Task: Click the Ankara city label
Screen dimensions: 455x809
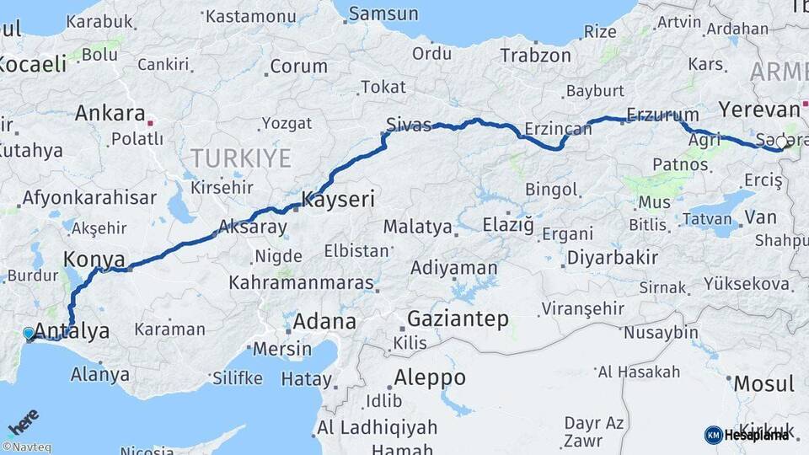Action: [x=110, y=113]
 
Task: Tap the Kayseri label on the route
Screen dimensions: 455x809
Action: [x=337, y=200]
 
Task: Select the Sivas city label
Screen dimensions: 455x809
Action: [x=408, y=126]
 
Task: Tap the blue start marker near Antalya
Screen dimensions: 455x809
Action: [x=29, y=334]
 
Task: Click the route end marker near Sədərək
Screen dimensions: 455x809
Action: [x=786, y=142]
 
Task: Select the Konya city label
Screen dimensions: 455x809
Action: [x=94, y=259]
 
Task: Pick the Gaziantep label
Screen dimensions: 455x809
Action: [x=458, y=318]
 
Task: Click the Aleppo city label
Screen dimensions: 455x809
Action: [x=429, y=377]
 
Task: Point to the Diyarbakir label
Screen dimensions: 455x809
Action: [x=612, y=258]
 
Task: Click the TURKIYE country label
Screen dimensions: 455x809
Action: [x=240, y=158]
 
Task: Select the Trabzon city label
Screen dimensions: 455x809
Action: [x=535, y=56]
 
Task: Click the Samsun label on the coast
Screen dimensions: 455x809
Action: [x=383, y=13]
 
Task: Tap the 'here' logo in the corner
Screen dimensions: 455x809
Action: [x=24, y=421]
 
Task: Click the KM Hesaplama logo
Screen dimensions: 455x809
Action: [x=747, y=435]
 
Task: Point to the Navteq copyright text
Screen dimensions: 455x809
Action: [x=26, y=447]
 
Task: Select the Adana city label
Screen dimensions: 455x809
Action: [x=324, y=322]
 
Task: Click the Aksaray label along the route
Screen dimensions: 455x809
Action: [x=253, y=227]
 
